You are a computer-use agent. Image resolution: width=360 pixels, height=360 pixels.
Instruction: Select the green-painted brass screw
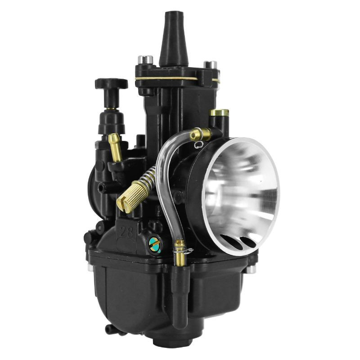[x=154, y=244]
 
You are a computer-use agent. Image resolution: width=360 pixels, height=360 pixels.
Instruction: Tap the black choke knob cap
[x=111, y=84]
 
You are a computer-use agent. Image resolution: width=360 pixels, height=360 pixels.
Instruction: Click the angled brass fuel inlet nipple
[x=115, y=148]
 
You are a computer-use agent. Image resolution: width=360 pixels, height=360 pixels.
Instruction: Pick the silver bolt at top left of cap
[x=145, y=59]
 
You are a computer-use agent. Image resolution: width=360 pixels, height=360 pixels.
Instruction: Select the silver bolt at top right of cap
[x=210, y=65]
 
